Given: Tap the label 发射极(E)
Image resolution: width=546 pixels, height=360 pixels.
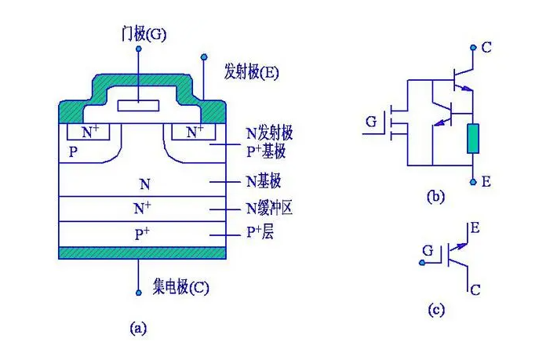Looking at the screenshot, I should coord(251,72).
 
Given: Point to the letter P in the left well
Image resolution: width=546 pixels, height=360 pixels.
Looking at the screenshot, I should coord(73,151).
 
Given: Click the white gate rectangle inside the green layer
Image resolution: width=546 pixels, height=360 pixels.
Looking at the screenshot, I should coord(137,105).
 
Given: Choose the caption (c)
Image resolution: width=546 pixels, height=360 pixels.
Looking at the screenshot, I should coord(436,309).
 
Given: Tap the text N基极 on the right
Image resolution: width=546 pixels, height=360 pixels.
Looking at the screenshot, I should coord(264,183).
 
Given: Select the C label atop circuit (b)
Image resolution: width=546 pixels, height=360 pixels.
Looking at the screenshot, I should coord(487,48).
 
